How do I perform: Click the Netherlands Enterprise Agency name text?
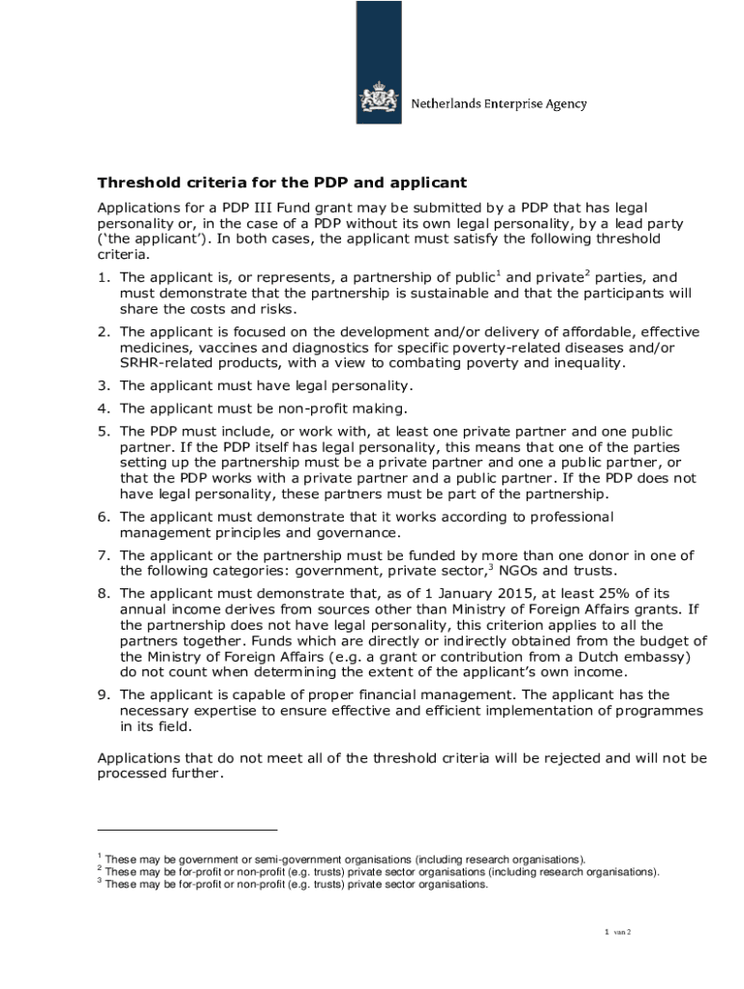click(x=499, y=104)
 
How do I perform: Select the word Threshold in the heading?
click(x=136, y=183)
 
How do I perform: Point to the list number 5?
click(x=102, y=431)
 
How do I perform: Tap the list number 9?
click(x=102, y=694)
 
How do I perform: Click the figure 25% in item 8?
click(x=567, y=592)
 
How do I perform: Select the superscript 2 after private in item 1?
click(x=587, y=273)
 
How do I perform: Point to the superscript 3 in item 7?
click(x=492, y=567)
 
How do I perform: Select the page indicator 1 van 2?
click(x=617, y=932)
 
